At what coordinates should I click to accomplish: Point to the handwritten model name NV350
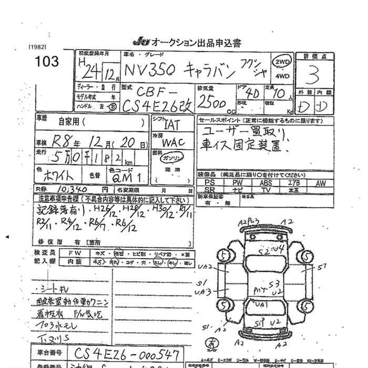tap(150, 69)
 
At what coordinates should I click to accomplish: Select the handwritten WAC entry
tap(173, 142)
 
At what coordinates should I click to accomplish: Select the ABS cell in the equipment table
tap(265, 182)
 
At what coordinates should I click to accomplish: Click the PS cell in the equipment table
tap(209, 182)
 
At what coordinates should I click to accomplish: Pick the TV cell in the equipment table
tap(265, 189)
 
